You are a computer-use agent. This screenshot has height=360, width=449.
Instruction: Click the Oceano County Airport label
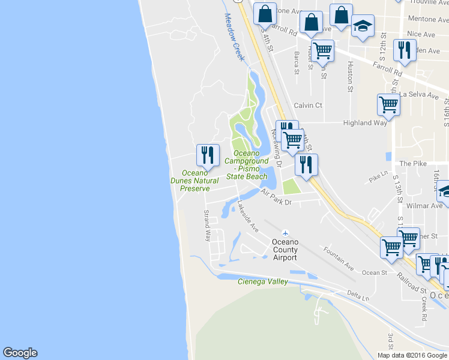tap(285, 249)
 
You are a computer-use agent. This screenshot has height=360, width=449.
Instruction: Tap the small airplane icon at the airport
tap(285, 233)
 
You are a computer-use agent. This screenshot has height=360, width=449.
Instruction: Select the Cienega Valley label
tap(262, 281)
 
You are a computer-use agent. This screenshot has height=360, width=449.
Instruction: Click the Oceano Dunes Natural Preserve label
tap(195, 181)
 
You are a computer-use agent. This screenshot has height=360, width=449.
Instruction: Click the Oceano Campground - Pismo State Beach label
tap(246, 165)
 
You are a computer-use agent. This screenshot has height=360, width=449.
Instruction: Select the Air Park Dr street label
tap(276, 197)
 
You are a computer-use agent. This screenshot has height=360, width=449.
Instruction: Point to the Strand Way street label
tap(208, 226)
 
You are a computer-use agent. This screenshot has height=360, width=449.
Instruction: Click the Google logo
tap(20, 353)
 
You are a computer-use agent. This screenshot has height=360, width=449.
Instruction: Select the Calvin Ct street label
tap(308, 105)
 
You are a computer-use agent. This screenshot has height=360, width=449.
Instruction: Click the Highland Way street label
tap(365, 123)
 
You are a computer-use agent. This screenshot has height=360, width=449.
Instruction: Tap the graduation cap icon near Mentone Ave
tap(363, 26)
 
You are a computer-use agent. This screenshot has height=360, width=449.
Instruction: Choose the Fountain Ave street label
tap(339, 258)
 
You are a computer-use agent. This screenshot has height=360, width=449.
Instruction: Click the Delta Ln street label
tap(358, 295)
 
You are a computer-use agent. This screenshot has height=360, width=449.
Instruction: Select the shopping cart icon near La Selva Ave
tap(388, 104)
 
